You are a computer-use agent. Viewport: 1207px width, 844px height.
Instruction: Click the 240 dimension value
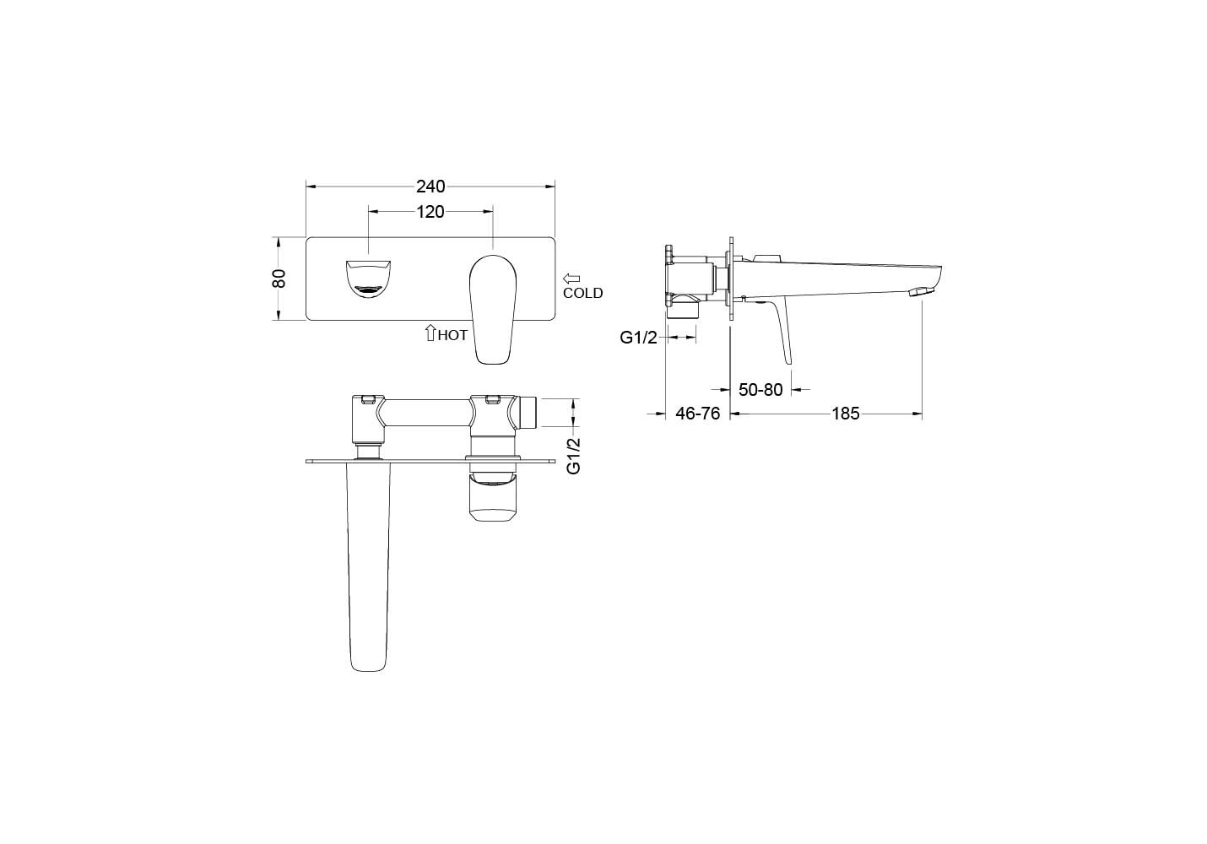click(x=430, y=187)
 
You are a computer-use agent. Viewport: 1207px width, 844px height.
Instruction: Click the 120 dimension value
click(x=430, y=212)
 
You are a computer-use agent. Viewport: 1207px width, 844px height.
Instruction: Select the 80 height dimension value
click(x=279, y=279)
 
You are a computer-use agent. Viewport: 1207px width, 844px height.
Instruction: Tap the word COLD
click(x=582, y=293)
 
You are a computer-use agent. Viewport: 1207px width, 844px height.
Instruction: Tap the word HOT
click(x=452, y=335)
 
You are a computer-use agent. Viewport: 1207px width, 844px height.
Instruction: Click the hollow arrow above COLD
click(x=571, y=279)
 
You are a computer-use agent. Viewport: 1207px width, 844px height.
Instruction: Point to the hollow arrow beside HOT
click(x=430, y=333)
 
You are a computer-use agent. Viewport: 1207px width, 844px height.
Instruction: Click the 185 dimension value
click(x=846, y=414)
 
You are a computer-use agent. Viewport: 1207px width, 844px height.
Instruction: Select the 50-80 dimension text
click(x=760, y=389)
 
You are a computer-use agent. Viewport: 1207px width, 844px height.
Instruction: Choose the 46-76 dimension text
click(x=698, y=414)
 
